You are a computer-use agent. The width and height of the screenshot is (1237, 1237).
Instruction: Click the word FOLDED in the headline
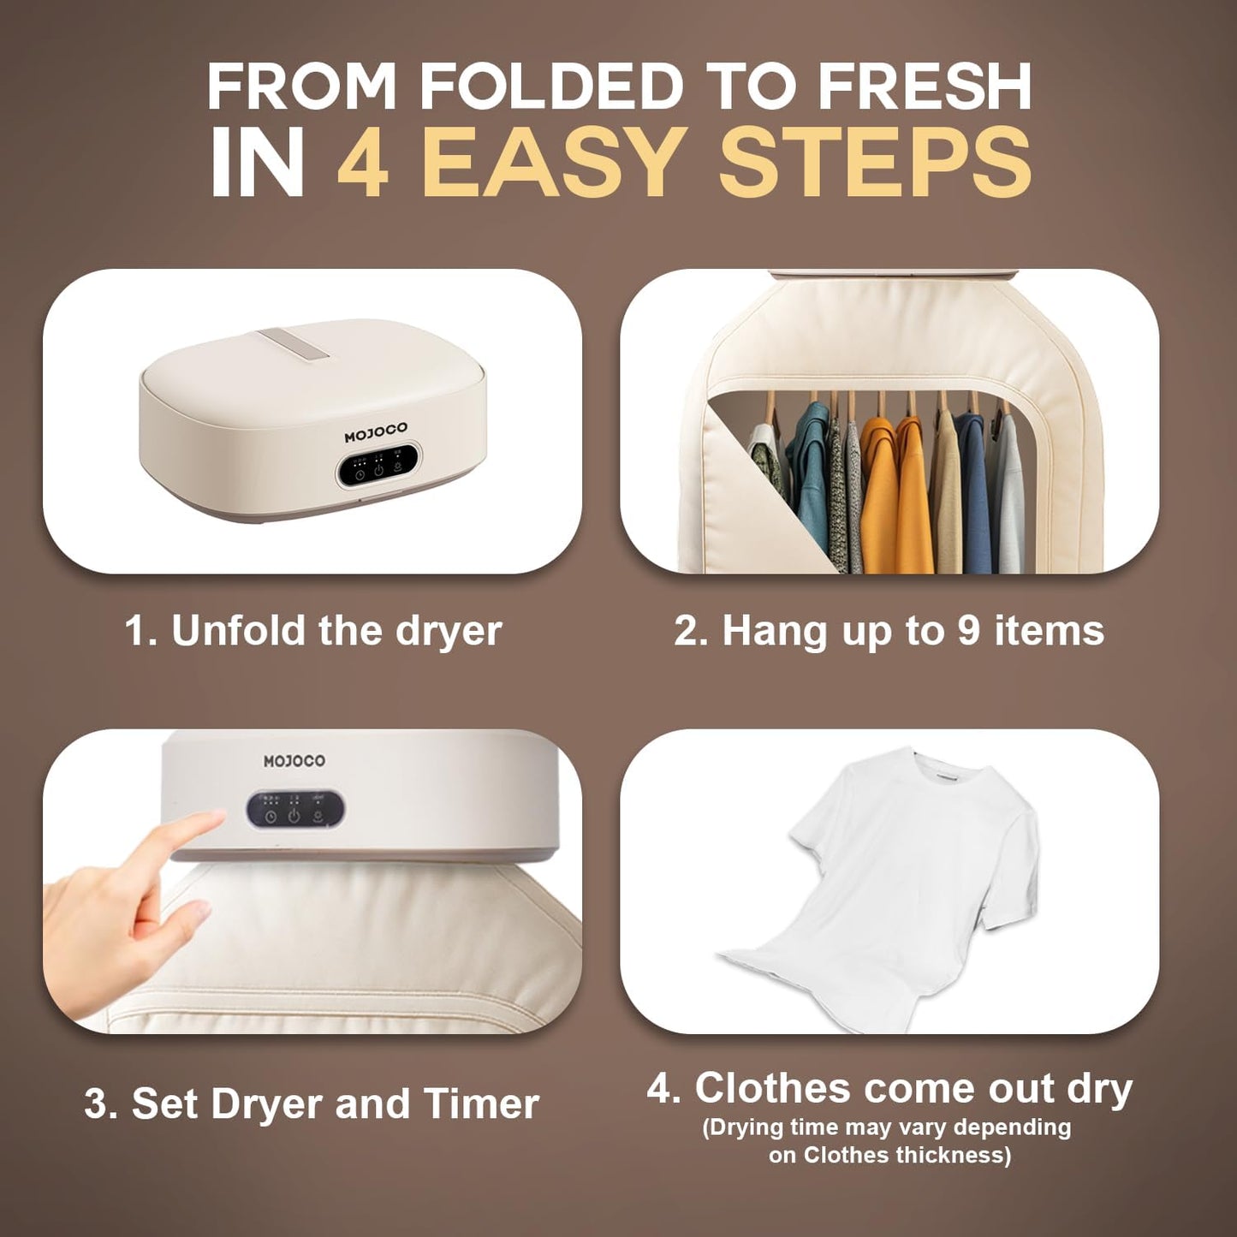click(x=550, y=86)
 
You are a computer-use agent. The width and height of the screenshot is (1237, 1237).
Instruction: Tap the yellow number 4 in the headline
click(x=364, y=163)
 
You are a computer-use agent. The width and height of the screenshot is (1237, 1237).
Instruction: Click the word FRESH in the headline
click(x=925, y=86)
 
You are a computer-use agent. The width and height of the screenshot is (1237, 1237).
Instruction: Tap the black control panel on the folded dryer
click(x=378, y=465)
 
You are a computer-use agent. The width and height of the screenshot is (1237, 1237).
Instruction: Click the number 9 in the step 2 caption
click(x=969, y=632)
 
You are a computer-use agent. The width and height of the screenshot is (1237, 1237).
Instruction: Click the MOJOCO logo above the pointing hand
click(x=294, y=761)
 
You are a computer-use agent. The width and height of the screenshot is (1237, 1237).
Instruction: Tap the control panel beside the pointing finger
click(x=295, y=809)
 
